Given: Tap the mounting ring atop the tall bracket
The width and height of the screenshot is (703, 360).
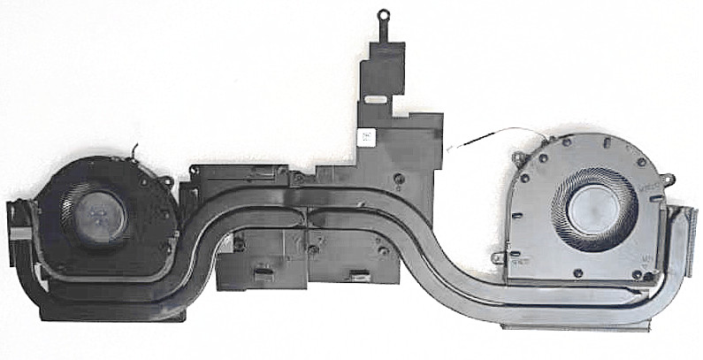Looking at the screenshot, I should click(x=384, y=15).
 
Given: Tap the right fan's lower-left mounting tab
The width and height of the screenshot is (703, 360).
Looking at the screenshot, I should click(x=501, y=258).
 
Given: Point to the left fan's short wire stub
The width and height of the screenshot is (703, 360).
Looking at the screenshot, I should click(x=134, y=149).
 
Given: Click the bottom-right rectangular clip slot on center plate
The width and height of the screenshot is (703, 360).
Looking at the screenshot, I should click(x=357, y=272).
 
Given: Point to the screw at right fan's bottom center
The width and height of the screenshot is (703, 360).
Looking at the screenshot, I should click(x=577, y=273).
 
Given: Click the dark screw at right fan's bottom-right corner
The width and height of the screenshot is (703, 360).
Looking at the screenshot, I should click(x=637, y=275).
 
